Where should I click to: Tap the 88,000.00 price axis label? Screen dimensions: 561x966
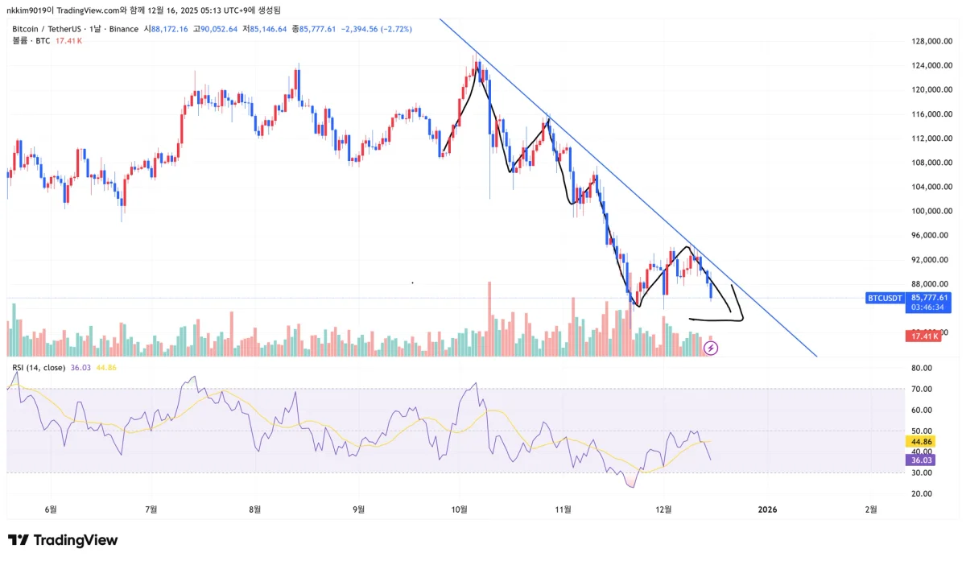[923, 283]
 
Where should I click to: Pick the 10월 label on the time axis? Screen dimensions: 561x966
[460, 509]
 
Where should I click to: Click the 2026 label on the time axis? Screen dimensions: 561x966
[767, 509]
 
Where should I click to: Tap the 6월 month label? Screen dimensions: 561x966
[52, 509]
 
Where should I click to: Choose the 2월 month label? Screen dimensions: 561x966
[871, 509]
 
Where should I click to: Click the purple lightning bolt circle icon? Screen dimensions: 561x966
[711, 348]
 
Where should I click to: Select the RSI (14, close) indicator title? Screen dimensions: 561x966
[39, 368]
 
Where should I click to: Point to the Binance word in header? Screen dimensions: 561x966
[123, 29]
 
